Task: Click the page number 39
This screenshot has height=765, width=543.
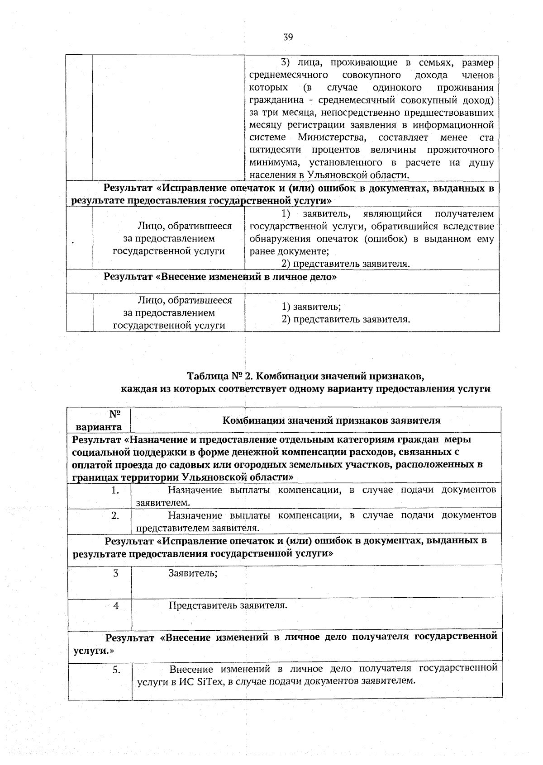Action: [288, 37]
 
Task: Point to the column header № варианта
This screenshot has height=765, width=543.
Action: [99, 420]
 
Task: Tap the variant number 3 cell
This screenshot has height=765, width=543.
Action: [116, 574]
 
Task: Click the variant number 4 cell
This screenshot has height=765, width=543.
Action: [116, 606]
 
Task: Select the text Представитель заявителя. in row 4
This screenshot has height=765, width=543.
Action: [228, 606]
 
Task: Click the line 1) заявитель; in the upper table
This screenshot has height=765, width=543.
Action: [311, 307]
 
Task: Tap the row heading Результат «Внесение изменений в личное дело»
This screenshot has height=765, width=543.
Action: [220, 277]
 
